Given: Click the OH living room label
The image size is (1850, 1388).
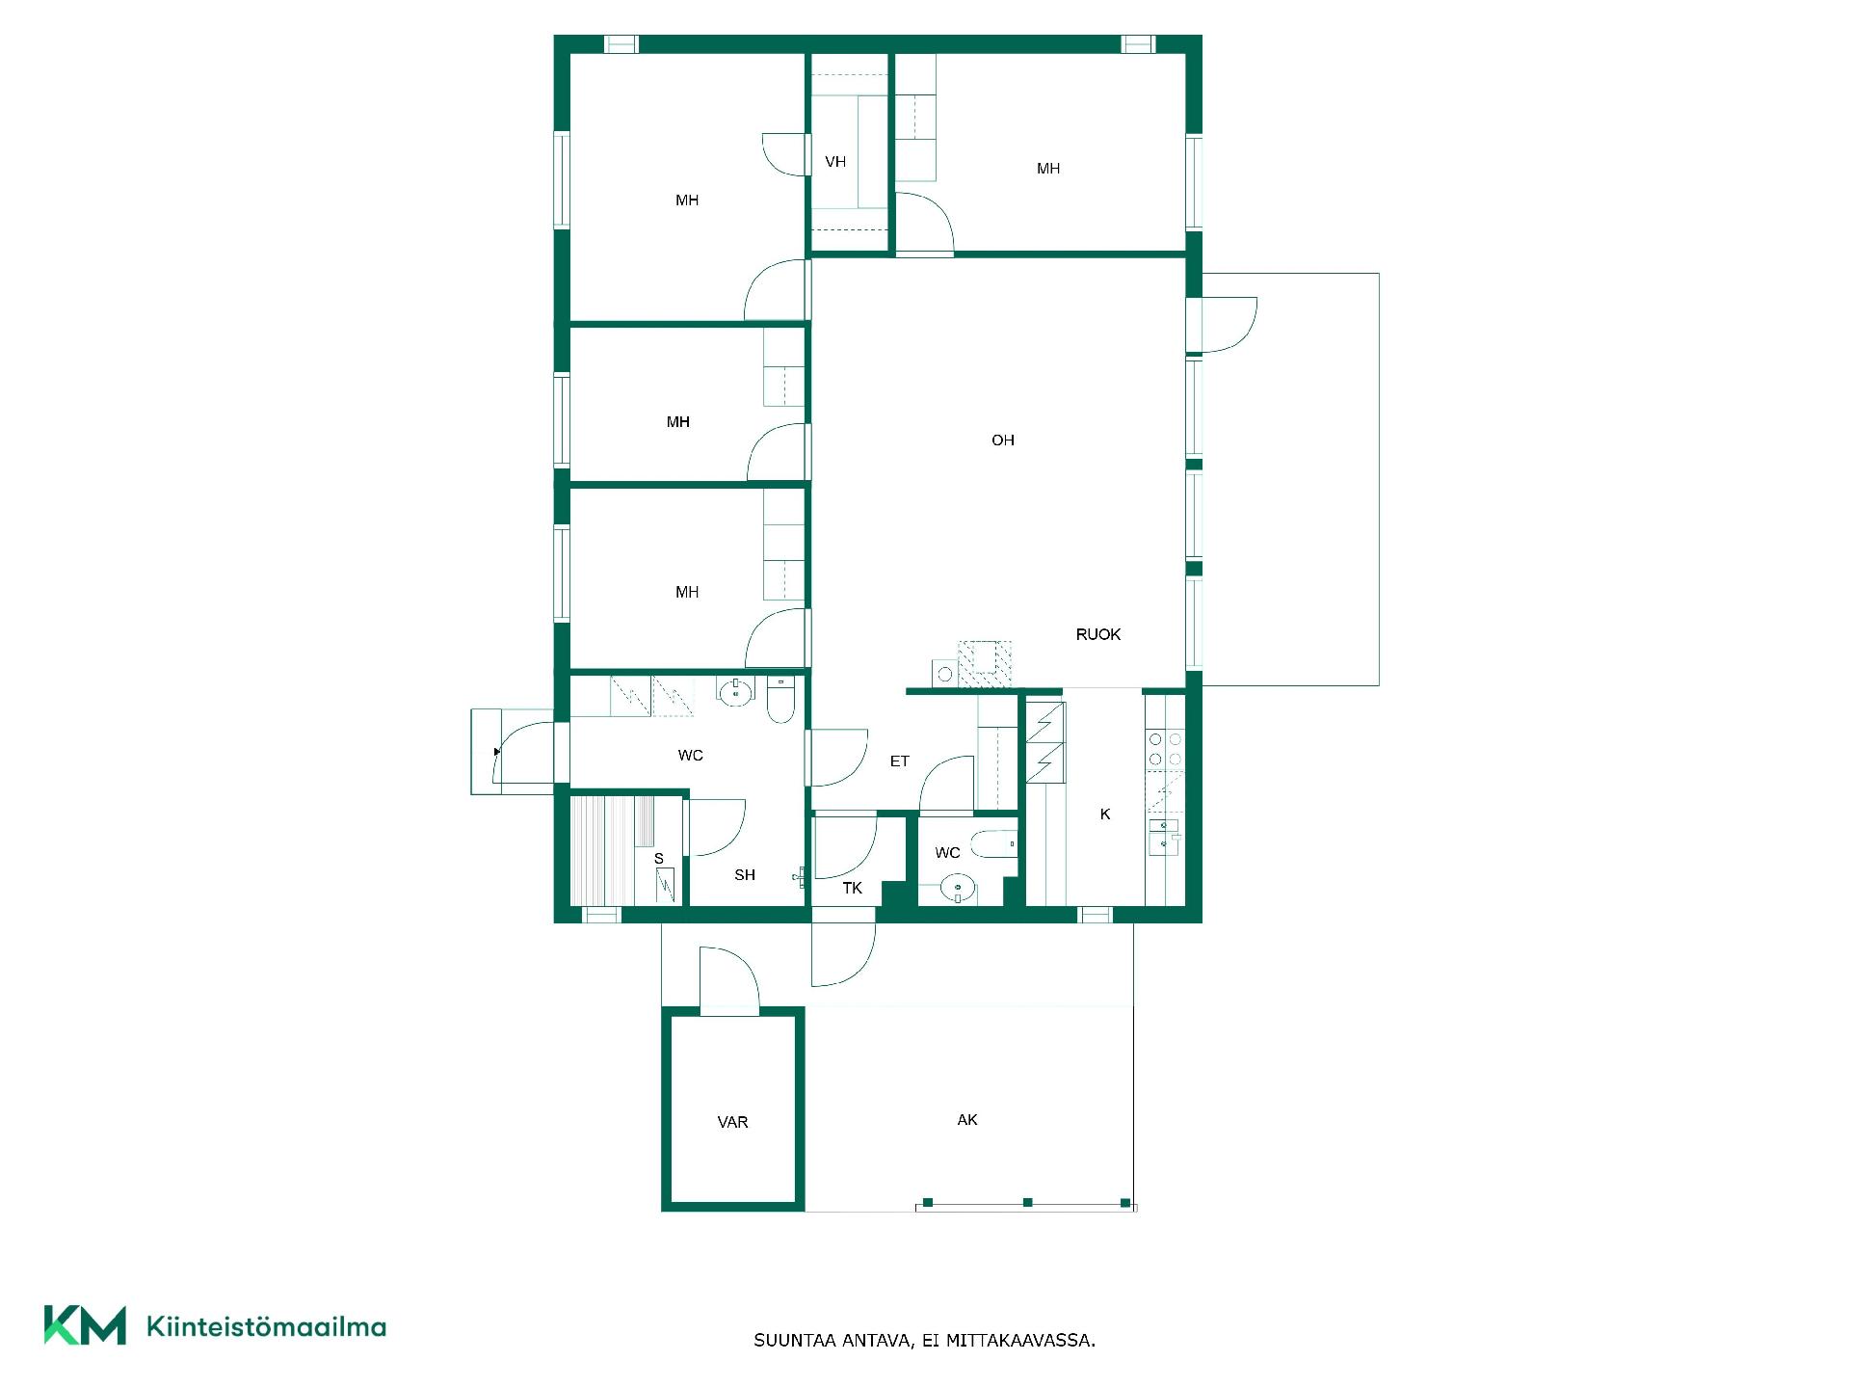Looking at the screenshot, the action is coord(1002,440).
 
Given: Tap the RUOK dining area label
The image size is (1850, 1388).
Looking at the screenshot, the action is coord(1097,634).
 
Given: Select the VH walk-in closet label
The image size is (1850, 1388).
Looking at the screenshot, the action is coord(835,162).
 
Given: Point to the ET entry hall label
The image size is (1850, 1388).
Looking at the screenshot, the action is coord(899,761).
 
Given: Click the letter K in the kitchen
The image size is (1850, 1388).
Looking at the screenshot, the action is coord(1105,814).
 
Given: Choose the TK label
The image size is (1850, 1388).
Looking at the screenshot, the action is coord(852,888).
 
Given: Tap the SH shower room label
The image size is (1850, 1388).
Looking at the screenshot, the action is coord(745,875).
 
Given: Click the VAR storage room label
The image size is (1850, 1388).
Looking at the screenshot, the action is coord(732,1122).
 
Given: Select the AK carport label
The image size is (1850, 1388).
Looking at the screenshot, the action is coord(967,1119).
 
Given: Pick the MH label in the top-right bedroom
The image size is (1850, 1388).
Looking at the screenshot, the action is coord(1048,169).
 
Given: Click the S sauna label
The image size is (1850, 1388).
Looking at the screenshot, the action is coord(659,859).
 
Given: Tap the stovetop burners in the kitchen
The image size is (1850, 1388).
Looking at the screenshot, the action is coord(1165,750).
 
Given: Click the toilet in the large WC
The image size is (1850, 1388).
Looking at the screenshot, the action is coord(780,701).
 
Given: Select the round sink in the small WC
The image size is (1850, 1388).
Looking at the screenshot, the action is coord(958,887).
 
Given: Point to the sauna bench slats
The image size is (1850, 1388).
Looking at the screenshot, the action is coord(612,850).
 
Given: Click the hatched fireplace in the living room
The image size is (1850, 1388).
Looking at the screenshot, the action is coord(984,663).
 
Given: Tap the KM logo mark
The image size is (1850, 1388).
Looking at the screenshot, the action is coord(85,1325).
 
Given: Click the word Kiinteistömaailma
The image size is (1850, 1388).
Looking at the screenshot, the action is coord(266,1326).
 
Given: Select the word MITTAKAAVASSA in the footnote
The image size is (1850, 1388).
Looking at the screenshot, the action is coord(1020,1340).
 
